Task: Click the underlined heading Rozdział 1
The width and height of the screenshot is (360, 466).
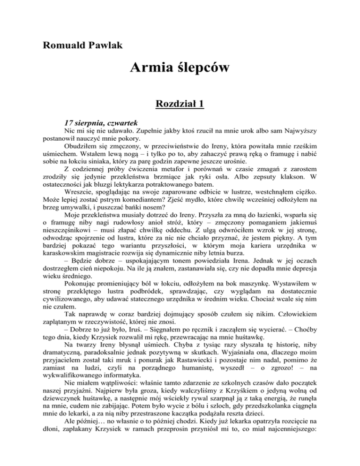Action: coord(180,104)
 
